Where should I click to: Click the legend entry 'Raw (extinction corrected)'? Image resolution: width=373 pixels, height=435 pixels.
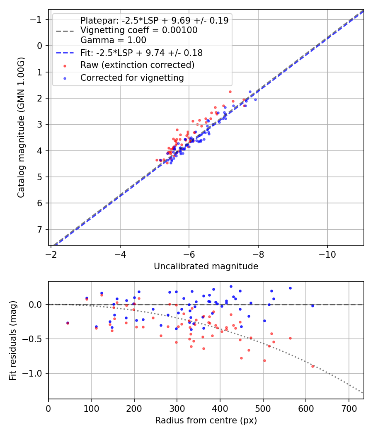point(137,65)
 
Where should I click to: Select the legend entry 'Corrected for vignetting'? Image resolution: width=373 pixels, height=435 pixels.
point(132,77)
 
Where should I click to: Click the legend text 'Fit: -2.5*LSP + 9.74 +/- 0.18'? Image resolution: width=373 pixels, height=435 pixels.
point(141,53)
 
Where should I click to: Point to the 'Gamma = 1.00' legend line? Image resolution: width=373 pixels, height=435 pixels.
point(113,40)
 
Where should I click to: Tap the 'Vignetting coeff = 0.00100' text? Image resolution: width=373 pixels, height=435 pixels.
point(139,30)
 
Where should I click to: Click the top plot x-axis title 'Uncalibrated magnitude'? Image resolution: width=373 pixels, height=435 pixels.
point(206,266)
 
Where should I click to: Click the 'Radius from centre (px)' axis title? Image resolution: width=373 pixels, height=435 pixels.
point(206,420)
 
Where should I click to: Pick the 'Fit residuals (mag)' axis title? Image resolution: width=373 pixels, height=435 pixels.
point(13,340)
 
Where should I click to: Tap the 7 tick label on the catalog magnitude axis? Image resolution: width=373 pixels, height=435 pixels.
point(40,230)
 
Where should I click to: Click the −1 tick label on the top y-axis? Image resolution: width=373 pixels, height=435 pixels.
point(37,19)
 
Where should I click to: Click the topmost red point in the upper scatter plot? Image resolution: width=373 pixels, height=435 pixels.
point(230,92)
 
